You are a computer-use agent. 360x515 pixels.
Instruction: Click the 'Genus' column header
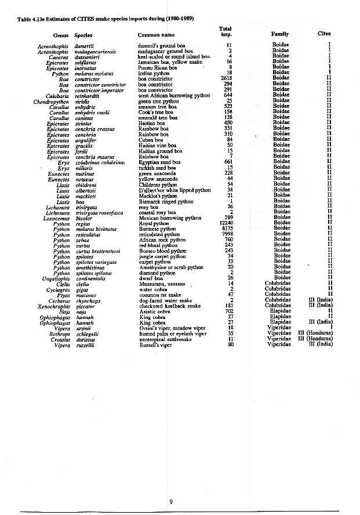tap(61, 35)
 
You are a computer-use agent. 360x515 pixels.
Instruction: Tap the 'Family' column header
tap(280, 34)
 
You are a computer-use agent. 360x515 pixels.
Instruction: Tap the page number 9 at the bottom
tap(171, 502)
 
